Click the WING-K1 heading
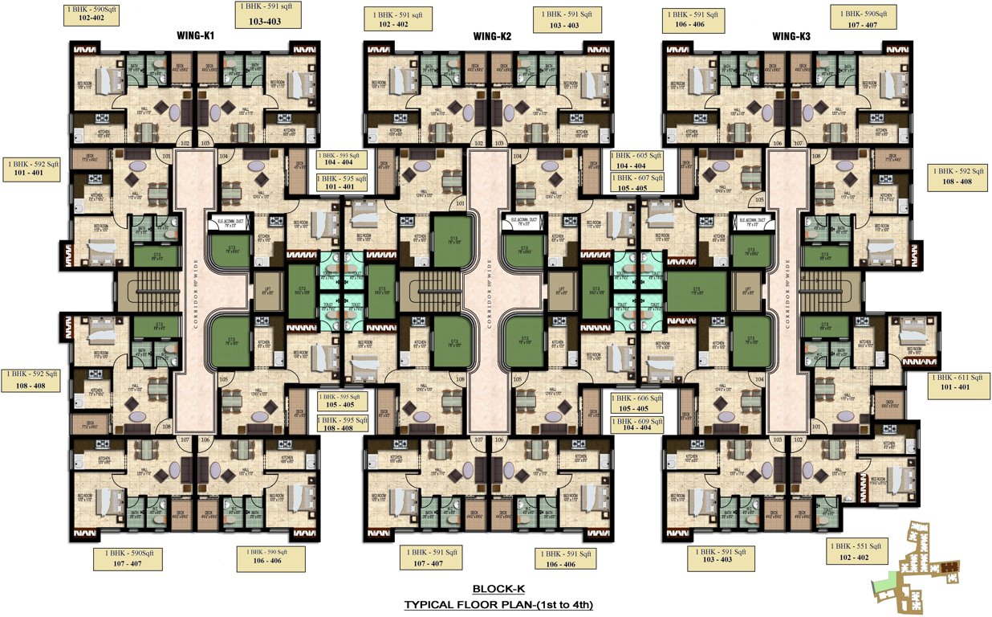(195, 36)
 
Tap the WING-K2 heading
(492, 36)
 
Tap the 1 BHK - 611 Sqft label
(959, 382)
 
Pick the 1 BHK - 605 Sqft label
(636, 159)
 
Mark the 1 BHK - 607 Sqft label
(636, 182)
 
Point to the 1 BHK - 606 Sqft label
(636, 402)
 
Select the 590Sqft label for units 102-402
(91, 14)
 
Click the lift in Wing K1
(266, 292)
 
